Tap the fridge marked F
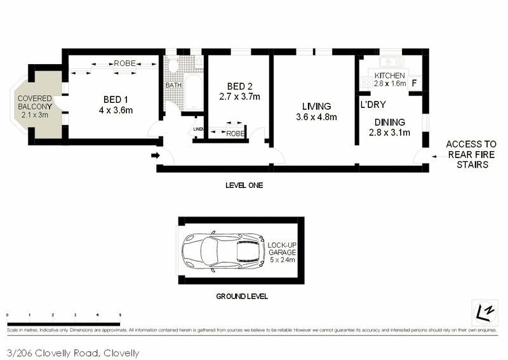[415, 83]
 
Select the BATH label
[173, 86]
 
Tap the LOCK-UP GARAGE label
[281, 252]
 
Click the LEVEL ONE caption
[244, 185]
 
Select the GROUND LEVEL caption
[242, 296]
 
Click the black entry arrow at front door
[155, 155]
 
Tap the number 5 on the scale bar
[120, 315]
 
